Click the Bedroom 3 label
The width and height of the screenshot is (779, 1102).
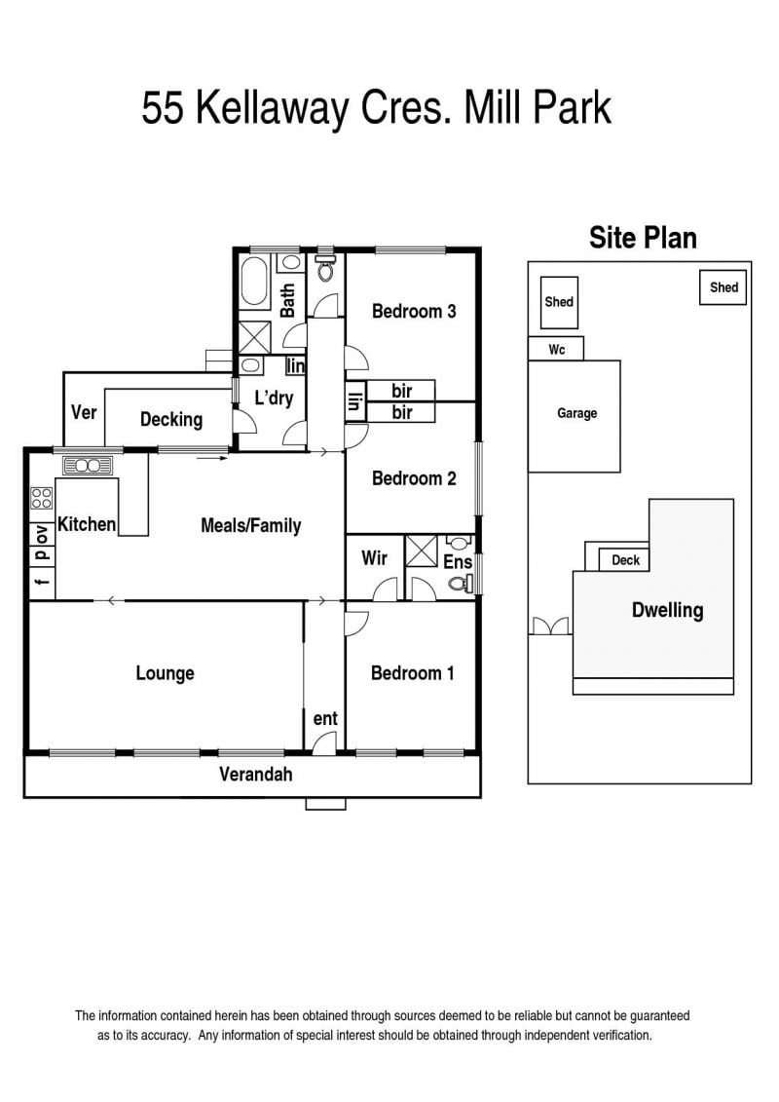coord(414,311)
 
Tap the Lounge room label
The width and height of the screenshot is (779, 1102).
coord(166,673)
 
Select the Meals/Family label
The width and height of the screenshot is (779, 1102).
coord(251,525)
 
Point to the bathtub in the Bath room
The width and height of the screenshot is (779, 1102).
coord(254,282)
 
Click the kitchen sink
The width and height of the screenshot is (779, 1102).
coord(88,466)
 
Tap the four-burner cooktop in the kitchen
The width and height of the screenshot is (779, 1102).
coord(42,498)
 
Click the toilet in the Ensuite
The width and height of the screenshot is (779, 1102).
coord(460,582)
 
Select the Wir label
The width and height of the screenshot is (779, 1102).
coord(374,558)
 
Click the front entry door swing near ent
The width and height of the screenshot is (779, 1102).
coord(324,743)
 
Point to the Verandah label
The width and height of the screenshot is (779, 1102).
coord(256,775)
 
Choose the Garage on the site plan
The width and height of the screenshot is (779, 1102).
coord(574,416)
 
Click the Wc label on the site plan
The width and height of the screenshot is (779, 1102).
coord(556,349)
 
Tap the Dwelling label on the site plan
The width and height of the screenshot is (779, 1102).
coord(667,610)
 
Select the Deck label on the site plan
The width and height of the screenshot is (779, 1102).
coord(625,560)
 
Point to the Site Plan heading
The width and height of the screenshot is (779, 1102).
coord(643,238)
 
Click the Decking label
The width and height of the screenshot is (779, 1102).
coord(171,420)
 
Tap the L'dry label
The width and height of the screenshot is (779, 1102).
coord(274,398)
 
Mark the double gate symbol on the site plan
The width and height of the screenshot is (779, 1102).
coord(551,627)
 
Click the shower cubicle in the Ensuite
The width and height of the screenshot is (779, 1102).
coord(422,551)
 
